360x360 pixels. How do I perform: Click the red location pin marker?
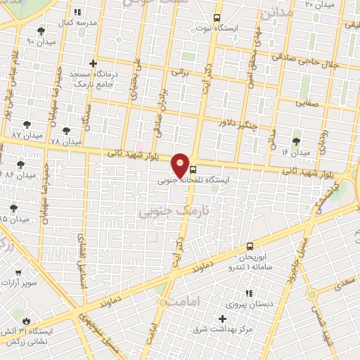tap(181, 165)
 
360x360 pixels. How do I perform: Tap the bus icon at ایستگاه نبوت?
tap(216, 18)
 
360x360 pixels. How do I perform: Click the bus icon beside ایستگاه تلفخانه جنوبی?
tap(193, 169)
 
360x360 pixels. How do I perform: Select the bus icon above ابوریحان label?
tap(250, 246)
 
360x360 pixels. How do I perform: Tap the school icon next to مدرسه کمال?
tap(77, 12)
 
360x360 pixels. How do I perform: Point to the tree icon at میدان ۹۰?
tap(41, 31)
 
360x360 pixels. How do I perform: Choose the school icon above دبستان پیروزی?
tap(247, 293)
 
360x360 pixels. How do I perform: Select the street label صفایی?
tap(307, 102)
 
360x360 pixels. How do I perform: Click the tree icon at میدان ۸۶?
tap(21, 165)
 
